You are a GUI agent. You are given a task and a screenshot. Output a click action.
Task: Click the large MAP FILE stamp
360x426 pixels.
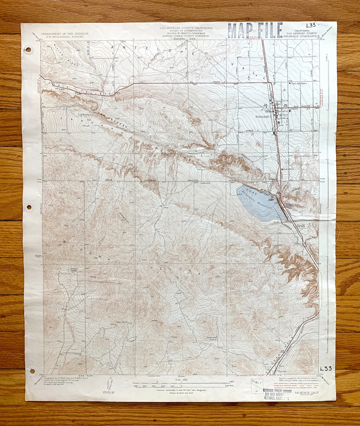(255, 31)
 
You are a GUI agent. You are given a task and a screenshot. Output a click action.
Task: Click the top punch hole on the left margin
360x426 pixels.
(28, 50)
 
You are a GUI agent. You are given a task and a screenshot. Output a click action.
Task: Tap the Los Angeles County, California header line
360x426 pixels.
(186, 28)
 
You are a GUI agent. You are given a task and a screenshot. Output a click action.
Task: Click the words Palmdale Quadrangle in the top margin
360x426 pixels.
(302, 36)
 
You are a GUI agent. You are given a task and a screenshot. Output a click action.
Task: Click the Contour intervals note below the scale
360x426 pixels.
(181, 390)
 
